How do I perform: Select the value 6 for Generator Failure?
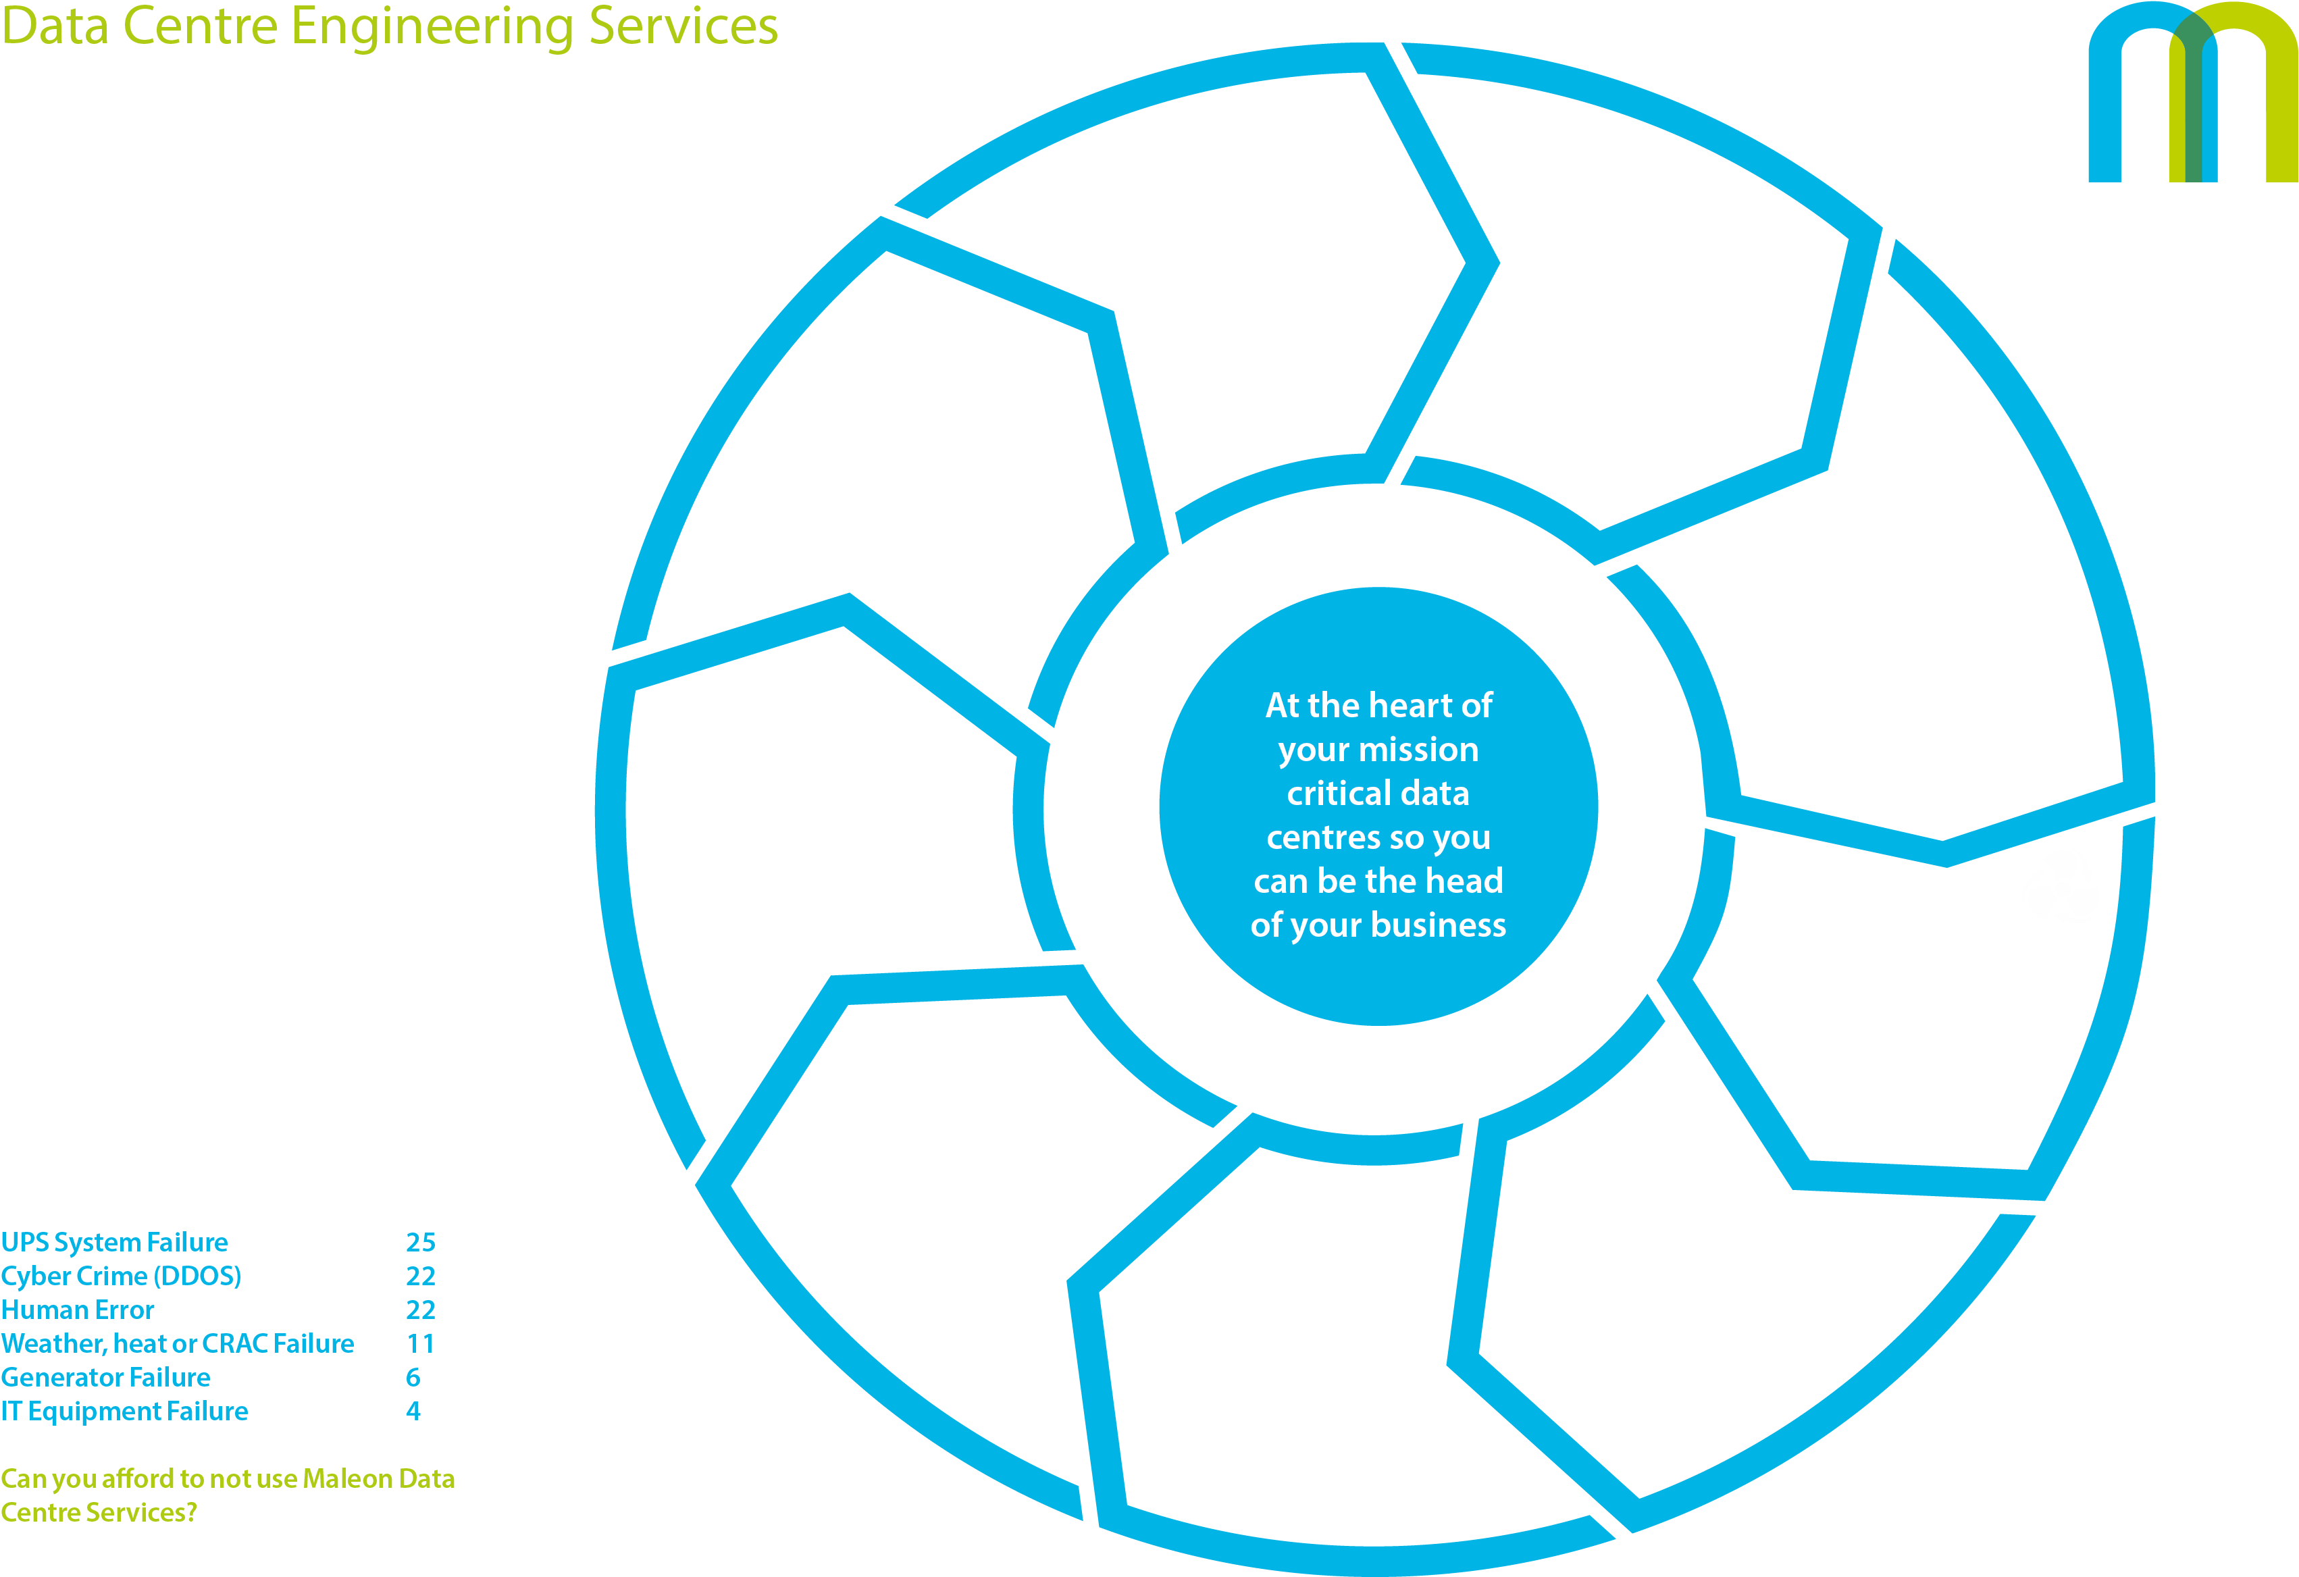pyautogui.click(x=413, y=1377)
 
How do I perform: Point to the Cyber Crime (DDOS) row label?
pyautogui.click(x=121, y=1276)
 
